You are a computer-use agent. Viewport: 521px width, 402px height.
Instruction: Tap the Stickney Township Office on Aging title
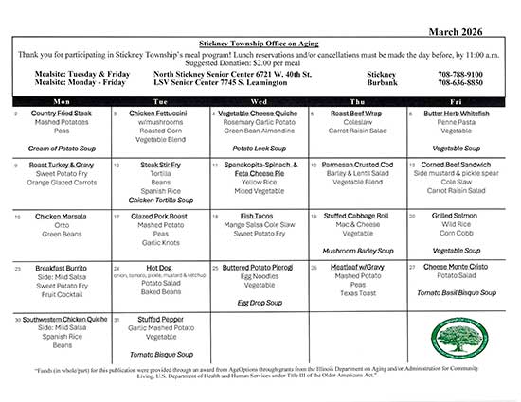(x=260, y=44)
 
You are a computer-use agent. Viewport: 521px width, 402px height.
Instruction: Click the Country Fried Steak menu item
(x=61, y=114)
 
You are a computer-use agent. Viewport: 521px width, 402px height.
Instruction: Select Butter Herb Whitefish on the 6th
(x=457, y=114)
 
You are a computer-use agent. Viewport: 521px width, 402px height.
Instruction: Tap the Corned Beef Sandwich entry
(x=457, y=165)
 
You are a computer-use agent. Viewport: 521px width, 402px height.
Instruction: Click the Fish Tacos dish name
(x=258, y=216)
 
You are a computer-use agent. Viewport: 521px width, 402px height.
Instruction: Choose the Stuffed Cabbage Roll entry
(x=357, y=216)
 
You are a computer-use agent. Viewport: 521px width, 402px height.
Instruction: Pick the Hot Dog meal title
(x=159, y=268)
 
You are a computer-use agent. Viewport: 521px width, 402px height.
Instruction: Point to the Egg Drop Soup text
(x=258, y=302)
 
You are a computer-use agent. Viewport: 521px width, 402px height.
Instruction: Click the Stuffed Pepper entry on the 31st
(x=159, y=319)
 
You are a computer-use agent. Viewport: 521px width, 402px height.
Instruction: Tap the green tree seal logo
(x=457, y=335)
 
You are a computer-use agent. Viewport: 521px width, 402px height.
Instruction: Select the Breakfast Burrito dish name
(x=61, y=268)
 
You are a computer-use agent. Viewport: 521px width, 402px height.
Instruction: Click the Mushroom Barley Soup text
(x=357, y=251)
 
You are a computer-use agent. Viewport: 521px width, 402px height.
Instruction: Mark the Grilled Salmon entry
(x=457, y=216)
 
